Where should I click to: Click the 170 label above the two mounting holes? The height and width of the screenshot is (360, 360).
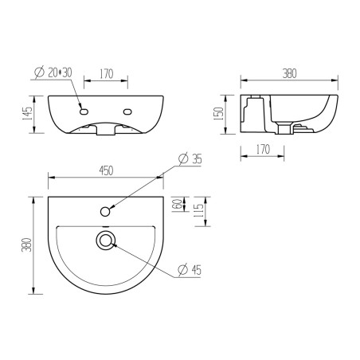(104, 74)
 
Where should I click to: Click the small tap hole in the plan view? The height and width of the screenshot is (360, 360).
(106, 211)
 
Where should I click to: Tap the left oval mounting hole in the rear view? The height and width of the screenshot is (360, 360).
(82, 111)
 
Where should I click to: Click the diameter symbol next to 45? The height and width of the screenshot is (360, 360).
(182, 271)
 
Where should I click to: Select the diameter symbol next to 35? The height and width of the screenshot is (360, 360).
(182, 159)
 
